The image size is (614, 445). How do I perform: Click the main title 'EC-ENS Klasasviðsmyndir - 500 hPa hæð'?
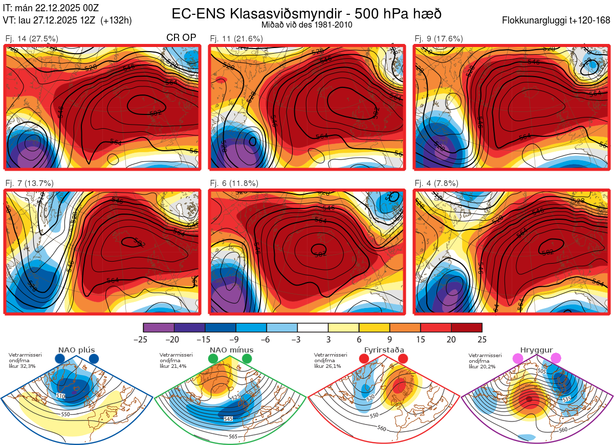click(x=306, y=13)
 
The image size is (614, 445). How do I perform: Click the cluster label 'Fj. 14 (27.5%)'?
click(x=31, y=39)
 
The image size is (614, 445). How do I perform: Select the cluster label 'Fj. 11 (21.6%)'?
click(x=236, y=39)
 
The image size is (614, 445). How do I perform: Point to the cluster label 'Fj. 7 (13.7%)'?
click(x=29, y=183)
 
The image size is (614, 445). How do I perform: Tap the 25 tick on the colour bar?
click(x=482, y=339)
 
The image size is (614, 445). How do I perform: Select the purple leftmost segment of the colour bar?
click(x=159, y=327)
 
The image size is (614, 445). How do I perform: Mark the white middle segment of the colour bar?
click(x=313, y=327)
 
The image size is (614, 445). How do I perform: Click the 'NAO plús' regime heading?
click(x=76, y=350)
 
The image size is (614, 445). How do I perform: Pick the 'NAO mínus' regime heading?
click(x=231, y=350)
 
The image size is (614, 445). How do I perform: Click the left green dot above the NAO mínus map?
click(x=213, y=359)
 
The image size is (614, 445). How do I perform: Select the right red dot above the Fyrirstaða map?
click(x=402, y=359)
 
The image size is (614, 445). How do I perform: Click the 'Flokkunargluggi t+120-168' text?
click(x=556, y=21)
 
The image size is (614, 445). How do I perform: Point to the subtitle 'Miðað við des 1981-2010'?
click(x=306, y=25)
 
